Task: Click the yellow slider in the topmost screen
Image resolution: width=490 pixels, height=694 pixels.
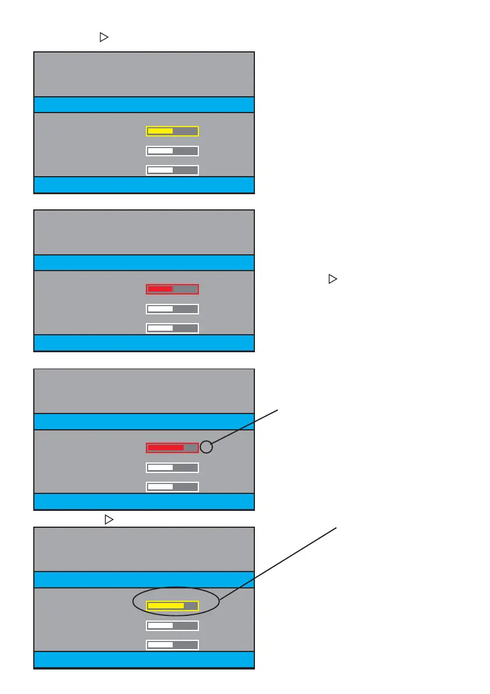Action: pyautogui.click(x=172, y=131)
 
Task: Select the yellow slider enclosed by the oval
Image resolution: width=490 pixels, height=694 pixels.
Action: pyautogui.click(x=172, y=606)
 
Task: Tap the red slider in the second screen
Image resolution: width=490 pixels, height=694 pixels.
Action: pyautogui.click(x=172, y=289)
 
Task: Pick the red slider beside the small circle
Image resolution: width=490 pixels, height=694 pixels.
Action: pyautogui.click(x=172, y=448)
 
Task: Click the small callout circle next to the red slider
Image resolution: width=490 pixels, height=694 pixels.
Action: pyautogui.click(x=206, y=447)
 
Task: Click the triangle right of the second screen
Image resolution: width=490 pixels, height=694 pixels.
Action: pyautogui.click(x=332, y=279)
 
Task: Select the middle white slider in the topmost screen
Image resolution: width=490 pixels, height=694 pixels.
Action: pyautogui.click(x=172, y=151)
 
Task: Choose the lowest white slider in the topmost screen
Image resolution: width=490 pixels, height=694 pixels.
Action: pyautogui.click(x=172, y=170)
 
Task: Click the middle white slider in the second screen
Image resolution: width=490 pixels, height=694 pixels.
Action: pyautogui.click(x=172, y=309)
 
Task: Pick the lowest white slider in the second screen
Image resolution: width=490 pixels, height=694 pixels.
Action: pyautogui.click(x=172, y=328)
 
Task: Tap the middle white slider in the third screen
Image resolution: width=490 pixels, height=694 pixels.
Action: pyautogui.click(x=172, y=468)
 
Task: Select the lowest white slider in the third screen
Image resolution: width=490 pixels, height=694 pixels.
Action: pyautogui.click(x=172, y=487)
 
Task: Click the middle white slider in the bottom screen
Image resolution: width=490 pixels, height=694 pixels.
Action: pyautogui.click(x=172, y=626)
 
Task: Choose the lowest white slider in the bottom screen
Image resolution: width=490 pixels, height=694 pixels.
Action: pyautogui.click(x=172, y=645)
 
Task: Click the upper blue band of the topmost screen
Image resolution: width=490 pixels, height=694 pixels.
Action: pyautogui.click(x=144, y=104)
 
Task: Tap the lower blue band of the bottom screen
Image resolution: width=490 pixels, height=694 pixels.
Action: pyautogui.click(x=144, y=660)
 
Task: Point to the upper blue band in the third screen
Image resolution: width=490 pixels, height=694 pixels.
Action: pyautogui.click(x=144, y=422)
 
